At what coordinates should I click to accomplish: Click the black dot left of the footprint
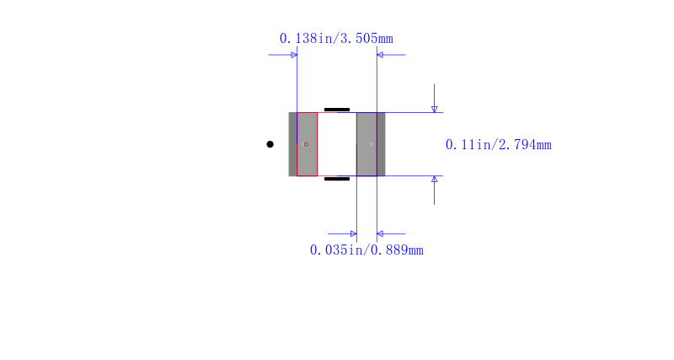tap(270, 144)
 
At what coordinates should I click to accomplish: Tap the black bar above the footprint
tap(337, 110)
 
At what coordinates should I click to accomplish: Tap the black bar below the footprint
tap(337, 179)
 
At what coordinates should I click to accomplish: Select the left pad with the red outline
tap(307, 144)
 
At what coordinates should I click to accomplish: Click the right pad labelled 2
tap(366, 144)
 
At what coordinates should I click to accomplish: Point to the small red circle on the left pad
tap(306, 144)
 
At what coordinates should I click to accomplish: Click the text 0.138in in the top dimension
tap(306, 39)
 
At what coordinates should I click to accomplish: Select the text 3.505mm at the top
tap(366, 39)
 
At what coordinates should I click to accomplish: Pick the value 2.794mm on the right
tap(525, 144)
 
